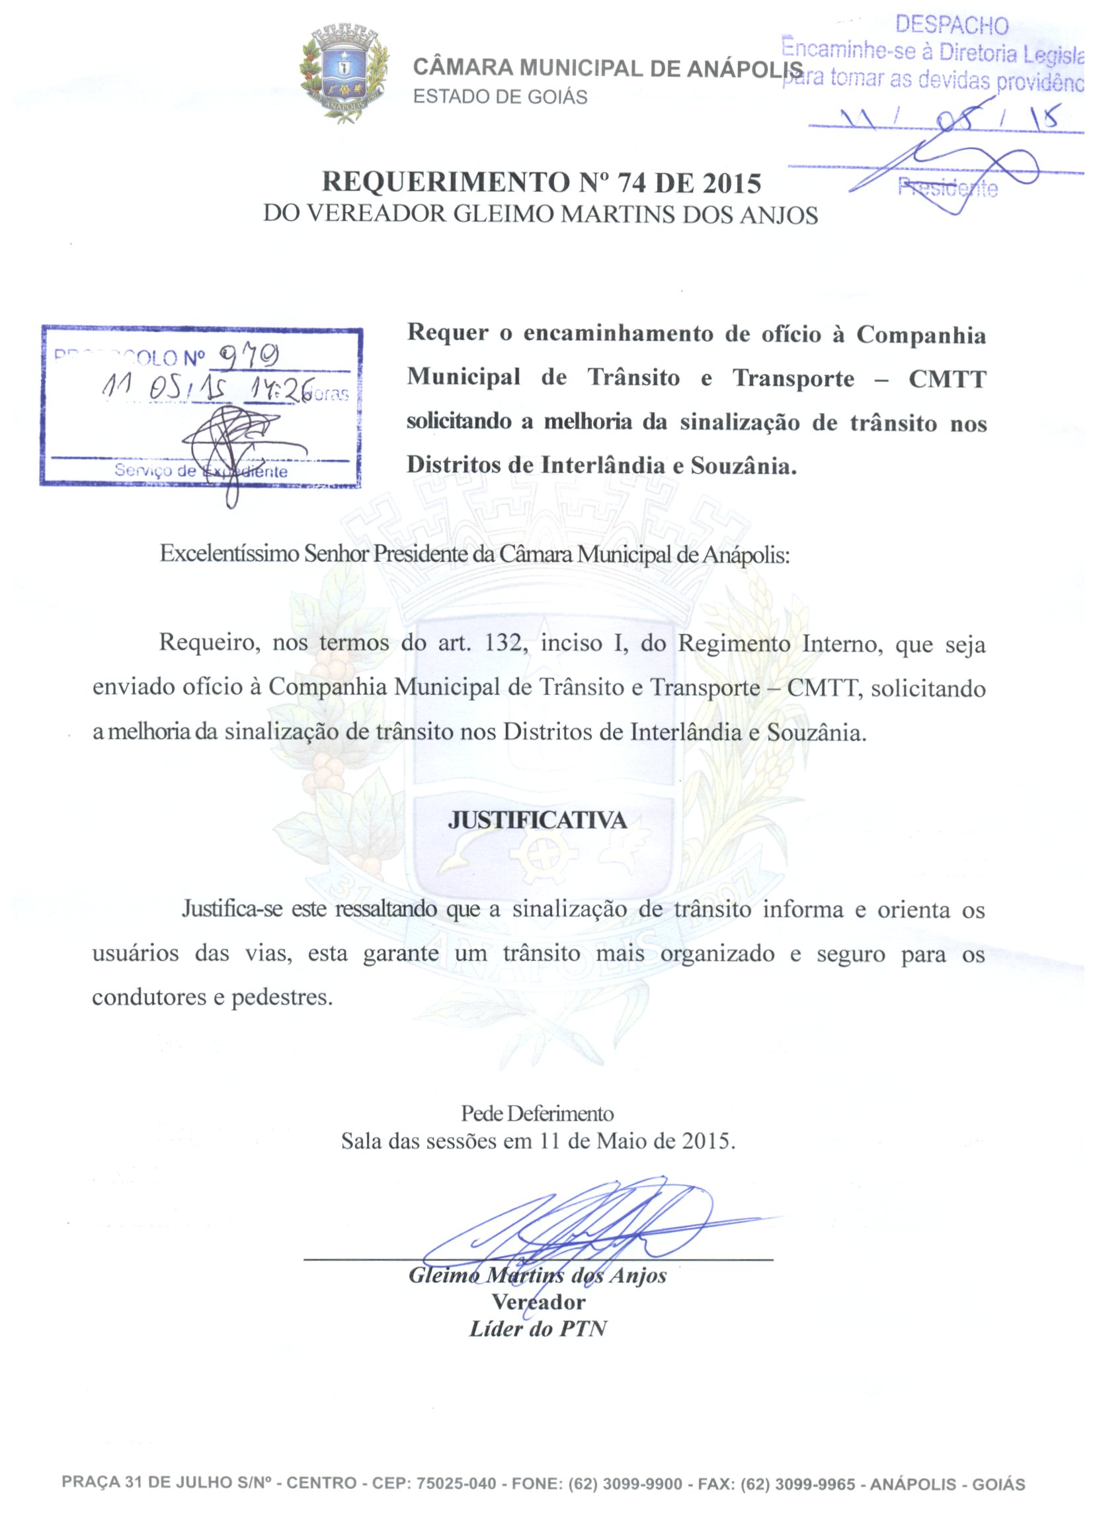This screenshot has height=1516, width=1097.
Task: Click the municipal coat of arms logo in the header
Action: (x=345, y=72)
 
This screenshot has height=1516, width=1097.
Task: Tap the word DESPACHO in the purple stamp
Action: (x=952, y=25)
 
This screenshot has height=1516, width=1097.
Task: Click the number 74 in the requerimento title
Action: (x=631, y=183)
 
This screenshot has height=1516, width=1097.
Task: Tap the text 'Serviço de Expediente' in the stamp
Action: (x=200, y=470)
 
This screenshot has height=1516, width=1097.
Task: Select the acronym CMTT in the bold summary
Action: (x=947, y=379)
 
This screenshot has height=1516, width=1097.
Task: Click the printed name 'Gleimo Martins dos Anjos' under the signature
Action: (x=537, y=1275)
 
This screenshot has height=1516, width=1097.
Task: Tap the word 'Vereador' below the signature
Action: (x=538, y=1302)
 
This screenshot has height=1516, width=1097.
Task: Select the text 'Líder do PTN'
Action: (x=538, y=1329)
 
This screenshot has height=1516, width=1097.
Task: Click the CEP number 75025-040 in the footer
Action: (x=456, y=1484)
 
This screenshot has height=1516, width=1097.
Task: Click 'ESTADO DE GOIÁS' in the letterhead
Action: (x=501, y=97)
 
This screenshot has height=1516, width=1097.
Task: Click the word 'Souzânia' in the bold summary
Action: (x=744, y=465)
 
